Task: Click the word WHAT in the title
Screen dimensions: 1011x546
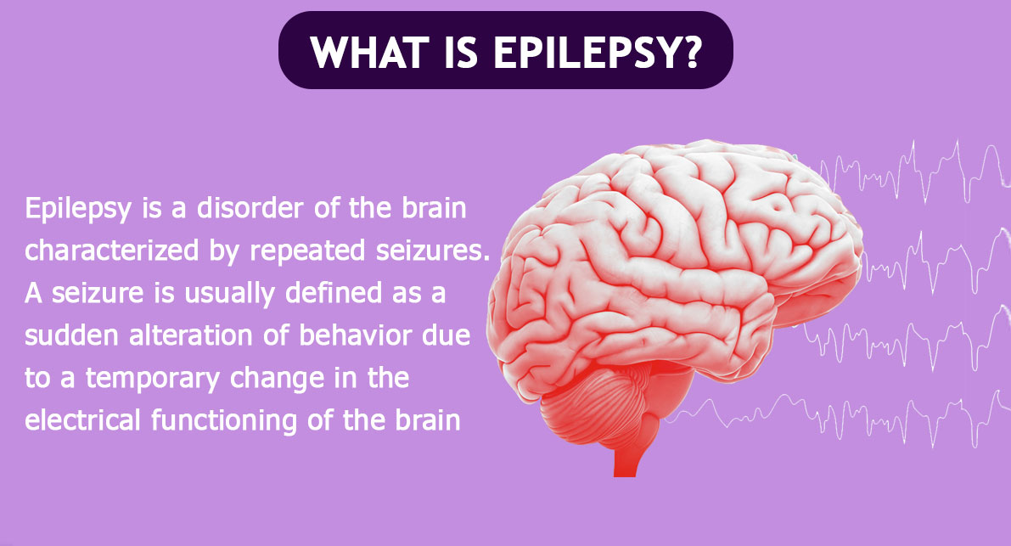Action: [x=369, y=52]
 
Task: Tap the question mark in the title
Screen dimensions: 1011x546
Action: [x=689, y=52]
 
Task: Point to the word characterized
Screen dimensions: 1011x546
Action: [x=111, y=250]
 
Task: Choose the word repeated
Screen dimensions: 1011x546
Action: [x=308, y=251]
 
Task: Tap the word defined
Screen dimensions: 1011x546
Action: [x=334, y=293]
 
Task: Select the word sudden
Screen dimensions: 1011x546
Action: [x=71, y=335]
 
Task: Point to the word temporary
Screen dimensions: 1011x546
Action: [x=153, y=379]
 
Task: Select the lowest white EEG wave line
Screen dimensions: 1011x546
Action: [x=838, y=419]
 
